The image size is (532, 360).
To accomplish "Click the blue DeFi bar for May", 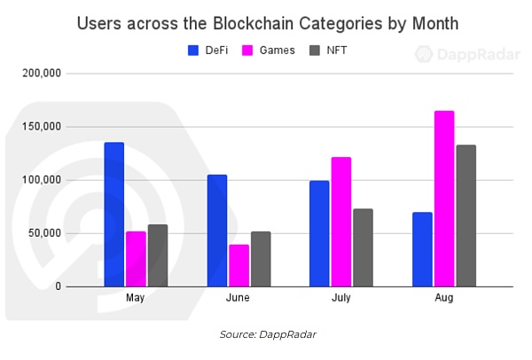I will click(114, 215).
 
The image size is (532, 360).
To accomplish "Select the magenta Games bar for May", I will click(136, 259).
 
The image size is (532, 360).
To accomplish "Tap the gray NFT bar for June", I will click(261, 259).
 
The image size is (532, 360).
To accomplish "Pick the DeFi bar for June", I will click(217, 231).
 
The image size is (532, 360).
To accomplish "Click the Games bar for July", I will click(341, 222).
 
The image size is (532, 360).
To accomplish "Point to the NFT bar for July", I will click(363, 247).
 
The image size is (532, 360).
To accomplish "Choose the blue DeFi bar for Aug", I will click(422, 249).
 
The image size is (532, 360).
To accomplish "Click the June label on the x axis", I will click(239, 299).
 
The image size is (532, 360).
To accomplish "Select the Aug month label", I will click(444, 299).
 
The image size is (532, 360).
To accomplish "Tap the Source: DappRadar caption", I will click(266, 334).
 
